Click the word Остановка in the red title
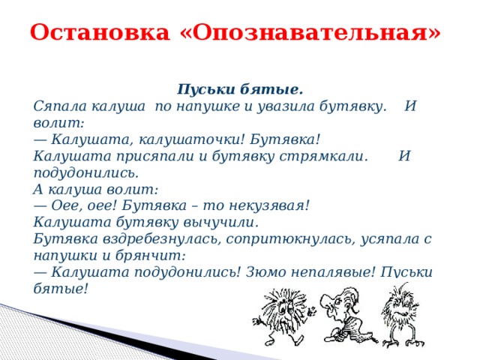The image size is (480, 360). tap(100, 32)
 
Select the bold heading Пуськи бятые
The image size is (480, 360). tap(240, 90)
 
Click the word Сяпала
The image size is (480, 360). tap(58, 106)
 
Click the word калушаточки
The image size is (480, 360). tap(192, 140)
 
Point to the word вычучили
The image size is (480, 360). tap(220, 223)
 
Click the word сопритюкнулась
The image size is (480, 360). tap(291, 239)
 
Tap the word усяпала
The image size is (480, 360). tap(388, 239)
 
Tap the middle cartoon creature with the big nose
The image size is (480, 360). tap(346, 315)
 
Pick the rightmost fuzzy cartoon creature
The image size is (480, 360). tap(402, 315)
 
